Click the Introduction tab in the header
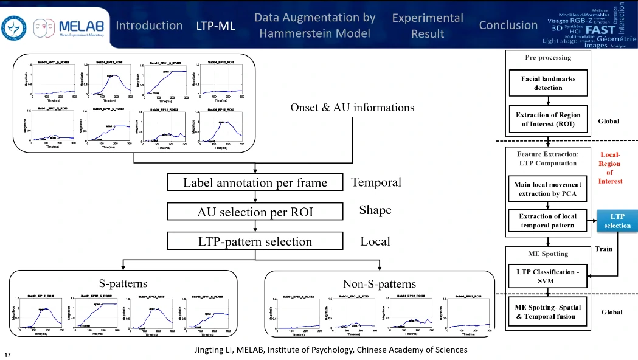point(149,26)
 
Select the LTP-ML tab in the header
point(215,26)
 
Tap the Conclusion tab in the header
point(508,26)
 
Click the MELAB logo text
point(81,26)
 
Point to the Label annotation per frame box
point(255,182)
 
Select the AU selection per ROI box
point(255,212)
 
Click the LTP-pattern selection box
point(255,241)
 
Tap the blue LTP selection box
point(617,221)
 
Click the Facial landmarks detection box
point(548,83)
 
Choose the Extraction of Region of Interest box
point(548,120)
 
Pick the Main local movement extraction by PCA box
point(548,189)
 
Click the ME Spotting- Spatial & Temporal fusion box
point(548,311)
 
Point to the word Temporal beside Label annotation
point(376,182)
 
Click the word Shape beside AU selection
point(375,210)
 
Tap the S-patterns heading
point(123,283)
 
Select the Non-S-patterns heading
point(380,283)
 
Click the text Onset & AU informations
point(353,108)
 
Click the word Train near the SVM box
point(604,249)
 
